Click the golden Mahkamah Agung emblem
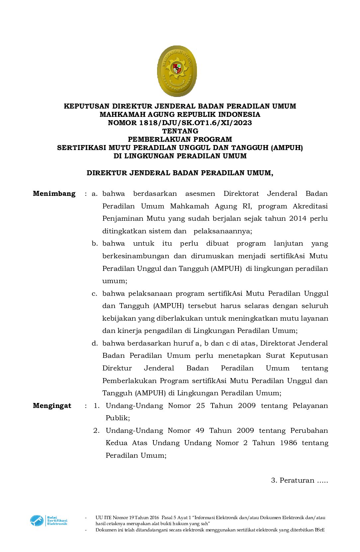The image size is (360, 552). coord(177,71)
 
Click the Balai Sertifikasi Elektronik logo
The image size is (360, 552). coord(49,520)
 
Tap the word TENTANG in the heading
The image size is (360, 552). coord(180,131)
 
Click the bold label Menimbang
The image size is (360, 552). coord(54,194)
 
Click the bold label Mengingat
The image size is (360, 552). coord(52,406)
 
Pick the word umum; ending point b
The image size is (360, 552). coord(115,281)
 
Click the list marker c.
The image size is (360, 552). coord(95,293)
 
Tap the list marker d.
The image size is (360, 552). coord(95,343)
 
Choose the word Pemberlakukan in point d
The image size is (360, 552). coord(129,381)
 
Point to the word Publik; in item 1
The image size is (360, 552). coord(118,418)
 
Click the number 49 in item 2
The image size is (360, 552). coord(200,431)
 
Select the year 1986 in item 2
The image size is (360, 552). coord(288,443)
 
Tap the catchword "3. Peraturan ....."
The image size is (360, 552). coord(299,480)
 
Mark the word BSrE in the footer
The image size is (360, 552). coord(319,530)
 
